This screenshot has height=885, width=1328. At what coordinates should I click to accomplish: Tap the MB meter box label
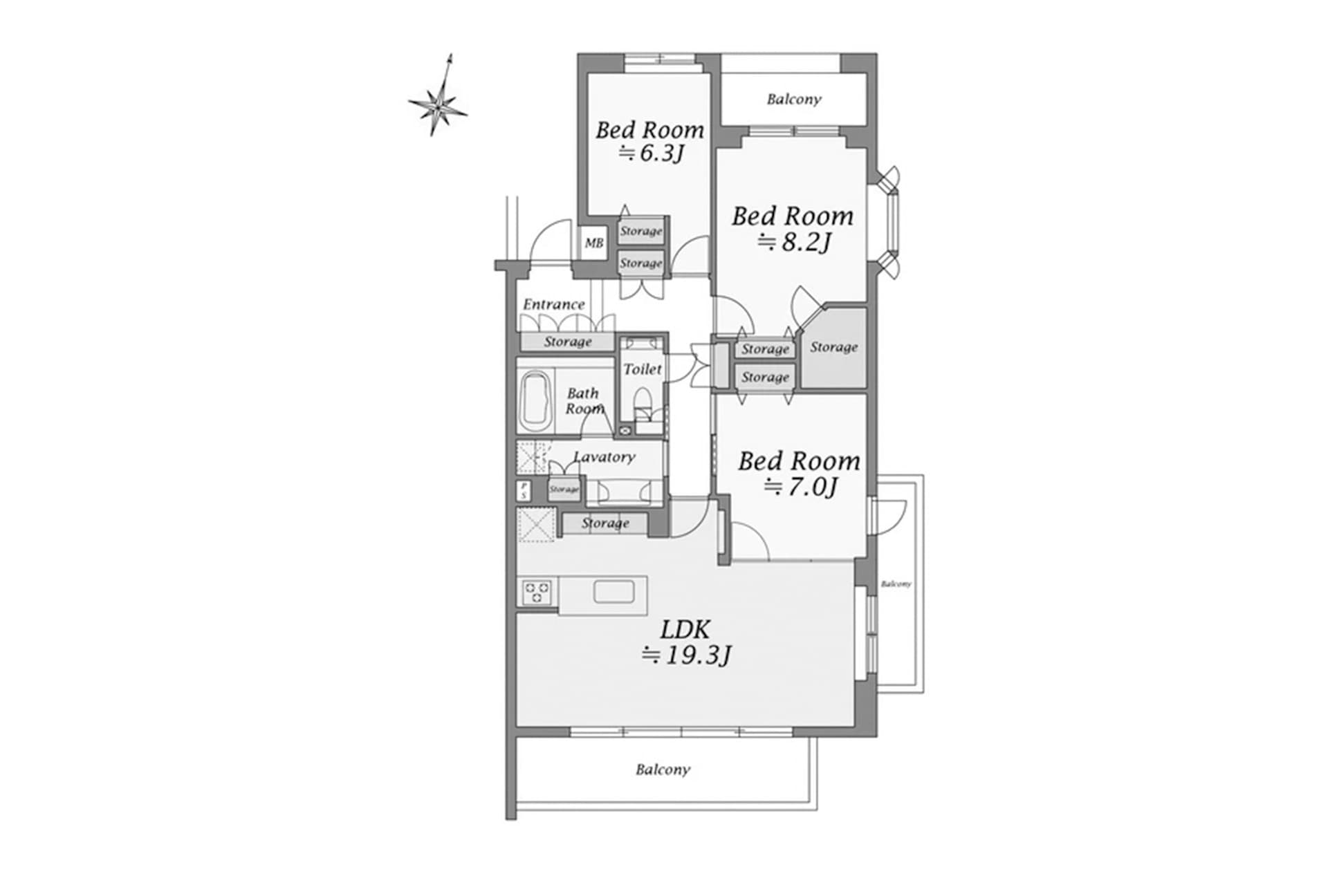tap(594, 243)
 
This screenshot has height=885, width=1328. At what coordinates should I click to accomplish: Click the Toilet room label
tap(643, 369)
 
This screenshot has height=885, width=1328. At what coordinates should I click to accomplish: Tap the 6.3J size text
tap(651, 153)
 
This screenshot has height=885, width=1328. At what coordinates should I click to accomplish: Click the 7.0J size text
tap(801, 487)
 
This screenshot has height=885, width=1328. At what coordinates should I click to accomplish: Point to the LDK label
tap(685, 629)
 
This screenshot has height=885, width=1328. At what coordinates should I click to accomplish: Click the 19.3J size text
tap(686, 654)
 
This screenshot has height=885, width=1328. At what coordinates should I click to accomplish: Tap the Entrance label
tap(553, 304)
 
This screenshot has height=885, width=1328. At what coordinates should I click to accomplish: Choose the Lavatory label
tap(604, 457)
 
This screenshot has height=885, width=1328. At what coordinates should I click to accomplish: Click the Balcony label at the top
tap(794, 100)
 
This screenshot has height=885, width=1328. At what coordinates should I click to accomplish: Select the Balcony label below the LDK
tap(663, 770)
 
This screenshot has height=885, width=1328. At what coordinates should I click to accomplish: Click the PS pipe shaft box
tap(524, 491)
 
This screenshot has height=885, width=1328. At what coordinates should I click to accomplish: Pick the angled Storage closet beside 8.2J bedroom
tap(833, 348)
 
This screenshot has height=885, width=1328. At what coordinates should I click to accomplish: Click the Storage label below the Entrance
tap(567, 342)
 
